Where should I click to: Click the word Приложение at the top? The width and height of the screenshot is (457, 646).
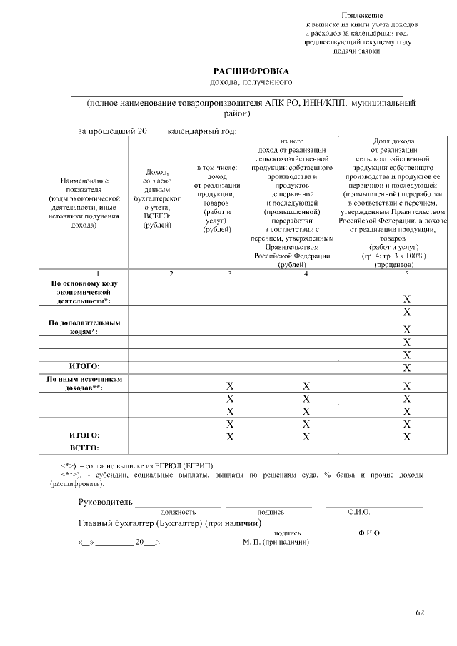coord(361,15)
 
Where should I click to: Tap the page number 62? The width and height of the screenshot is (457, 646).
coord(420,612)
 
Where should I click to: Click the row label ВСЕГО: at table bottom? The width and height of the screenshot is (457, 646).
coord(84,448)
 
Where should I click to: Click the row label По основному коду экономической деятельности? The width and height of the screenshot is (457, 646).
coord(84,292)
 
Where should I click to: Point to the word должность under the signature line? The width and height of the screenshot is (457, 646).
coord(179,512)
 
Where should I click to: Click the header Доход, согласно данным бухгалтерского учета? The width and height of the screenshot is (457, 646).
coord(157,198)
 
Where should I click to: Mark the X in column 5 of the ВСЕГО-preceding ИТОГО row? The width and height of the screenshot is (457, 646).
coord(406,435)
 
